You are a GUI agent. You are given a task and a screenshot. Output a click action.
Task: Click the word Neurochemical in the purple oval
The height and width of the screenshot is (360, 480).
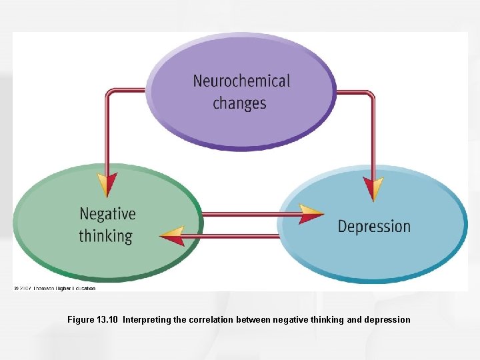(x=241, y=81)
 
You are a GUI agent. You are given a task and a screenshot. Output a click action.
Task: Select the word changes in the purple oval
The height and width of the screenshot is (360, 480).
(x=239, y=103)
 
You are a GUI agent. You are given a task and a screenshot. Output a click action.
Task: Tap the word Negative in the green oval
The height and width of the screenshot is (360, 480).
(x=107, y=214)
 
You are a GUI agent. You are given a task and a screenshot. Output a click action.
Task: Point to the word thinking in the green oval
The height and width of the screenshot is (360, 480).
(x=105, y=236)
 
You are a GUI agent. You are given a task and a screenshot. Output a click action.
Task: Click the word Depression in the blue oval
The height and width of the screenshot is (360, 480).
(x=374, y=226)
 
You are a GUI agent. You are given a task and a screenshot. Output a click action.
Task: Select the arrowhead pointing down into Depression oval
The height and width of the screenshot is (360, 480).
(x=373, y=187)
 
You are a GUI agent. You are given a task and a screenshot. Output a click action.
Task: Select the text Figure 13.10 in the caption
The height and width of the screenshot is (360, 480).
(x=93, y=320)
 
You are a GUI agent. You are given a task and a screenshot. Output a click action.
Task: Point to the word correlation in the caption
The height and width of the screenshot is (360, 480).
(x=213, y=320)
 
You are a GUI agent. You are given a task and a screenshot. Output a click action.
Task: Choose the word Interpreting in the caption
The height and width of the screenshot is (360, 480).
(x=147, y=320)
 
